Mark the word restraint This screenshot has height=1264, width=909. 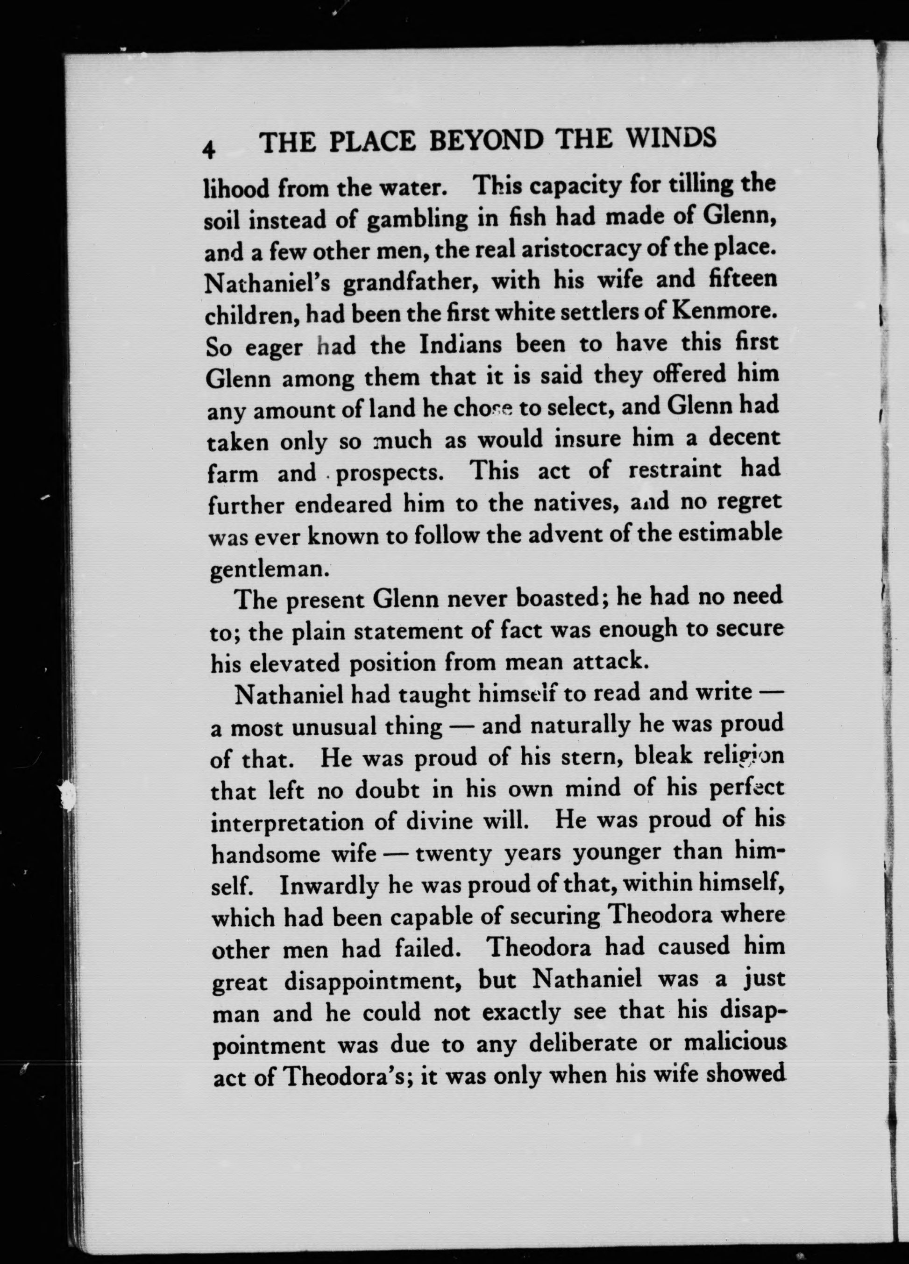(676, 470)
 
